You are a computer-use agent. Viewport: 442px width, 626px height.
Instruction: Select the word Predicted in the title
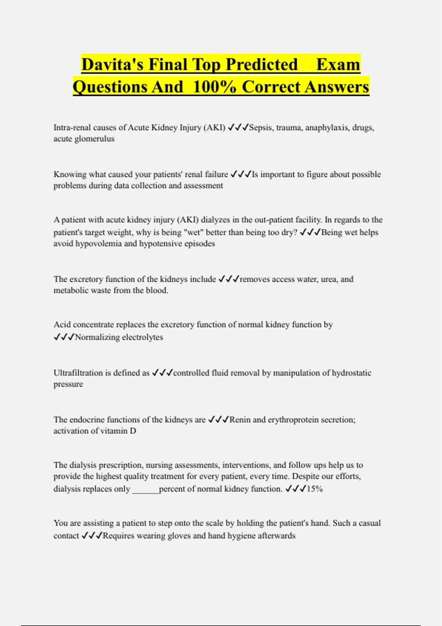click(262, 64)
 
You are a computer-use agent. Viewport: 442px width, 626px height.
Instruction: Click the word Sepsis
click(260, 128)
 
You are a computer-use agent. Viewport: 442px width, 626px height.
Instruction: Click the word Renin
click(240, 420)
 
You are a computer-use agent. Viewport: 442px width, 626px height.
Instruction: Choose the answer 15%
click(315, 489)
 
